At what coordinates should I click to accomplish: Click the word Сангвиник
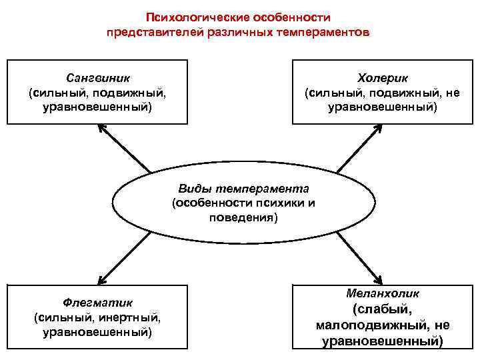[97, 77]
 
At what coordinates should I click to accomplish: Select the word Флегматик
[97, 301]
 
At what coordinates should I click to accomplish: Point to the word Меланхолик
[383, 293]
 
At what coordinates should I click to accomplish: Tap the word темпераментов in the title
[326, 31]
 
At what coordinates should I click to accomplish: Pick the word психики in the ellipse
[274, 203]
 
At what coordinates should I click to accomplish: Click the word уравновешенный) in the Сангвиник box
[97, 107]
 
